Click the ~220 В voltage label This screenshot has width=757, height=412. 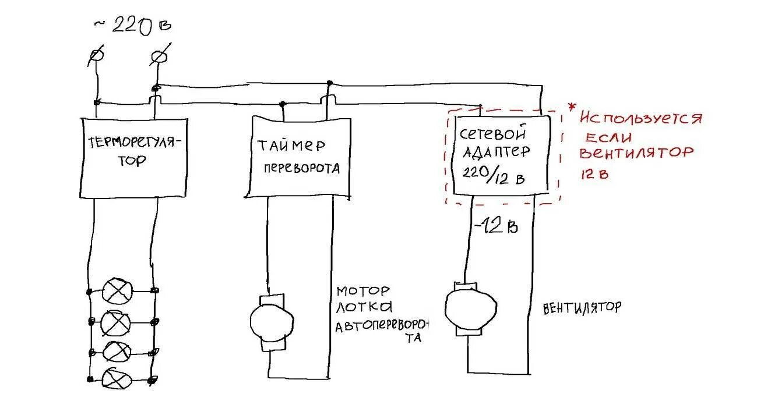[132, 26]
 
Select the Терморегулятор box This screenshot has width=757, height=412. [133, 157]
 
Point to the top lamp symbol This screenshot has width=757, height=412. [118, 290]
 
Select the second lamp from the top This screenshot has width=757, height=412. [118, 321]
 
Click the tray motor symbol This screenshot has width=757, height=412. [272, 320]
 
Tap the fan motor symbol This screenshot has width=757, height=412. [470, 308]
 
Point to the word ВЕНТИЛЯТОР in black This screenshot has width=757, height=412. [581, 308]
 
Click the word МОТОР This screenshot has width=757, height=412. [362, 290]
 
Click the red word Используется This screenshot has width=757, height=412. [641, 119]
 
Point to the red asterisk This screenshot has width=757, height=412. [572, 107]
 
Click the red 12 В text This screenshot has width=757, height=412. [594, 173]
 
